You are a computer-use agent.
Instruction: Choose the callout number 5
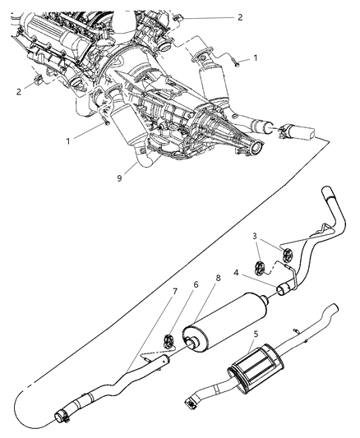[256, 335]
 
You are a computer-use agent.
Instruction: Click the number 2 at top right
[240, 16]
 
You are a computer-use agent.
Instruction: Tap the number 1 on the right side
[256, 58]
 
